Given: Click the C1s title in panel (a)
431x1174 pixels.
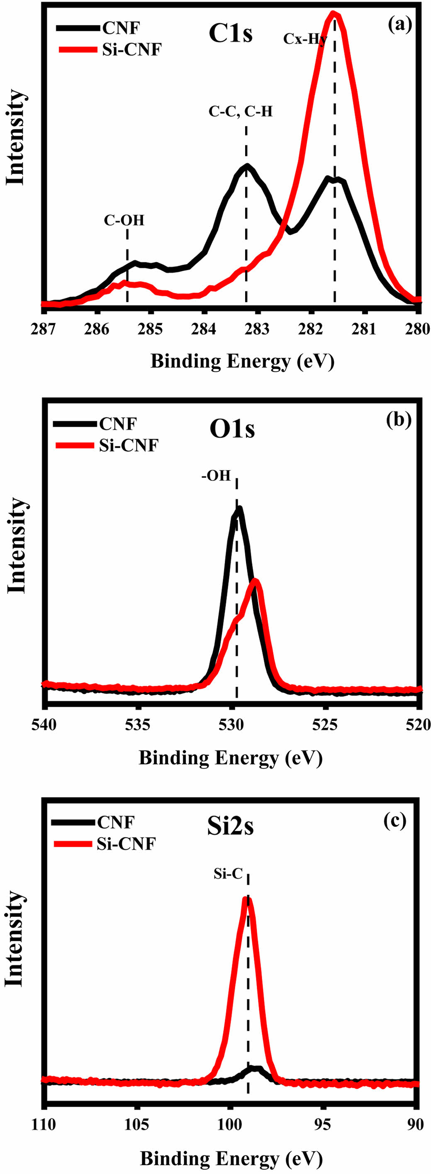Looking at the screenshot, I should (x=231, y=34).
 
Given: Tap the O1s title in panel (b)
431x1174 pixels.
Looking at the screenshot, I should (x=232, y=429).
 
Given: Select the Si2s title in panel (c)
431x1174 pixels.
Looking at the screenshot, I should (x=230, y=827).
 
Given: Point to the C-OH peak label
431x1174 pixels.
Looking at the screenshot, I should (x=124, y=221).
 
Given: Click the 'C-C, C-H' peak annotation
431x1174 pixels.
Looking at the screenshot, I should (x=241, y=111).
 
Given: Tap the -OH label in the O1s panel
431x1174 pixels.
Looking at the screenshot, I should (x=216, y=476).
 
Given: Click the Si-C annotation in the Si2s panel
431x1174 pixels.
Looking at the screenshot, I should (x=228, y=874).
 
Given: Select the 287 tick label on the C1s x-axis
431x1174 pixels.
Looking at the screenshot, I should (x=44, y=329).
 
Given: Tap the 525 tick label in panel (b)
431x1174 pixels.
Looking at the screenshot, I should (x=325, y=724).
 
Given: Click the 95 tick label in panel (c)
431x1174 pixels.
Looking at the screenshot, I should (x=324, y=1124).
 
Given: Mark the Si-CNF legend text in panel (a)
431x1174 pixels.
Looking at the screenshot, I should (x=131, y=49).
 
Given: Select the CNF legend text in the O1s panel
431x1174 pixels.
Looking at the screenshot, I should (x=117, y=424).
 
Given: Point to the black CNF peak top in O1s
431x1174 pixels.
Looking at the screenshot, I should (x=238, y=509).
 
